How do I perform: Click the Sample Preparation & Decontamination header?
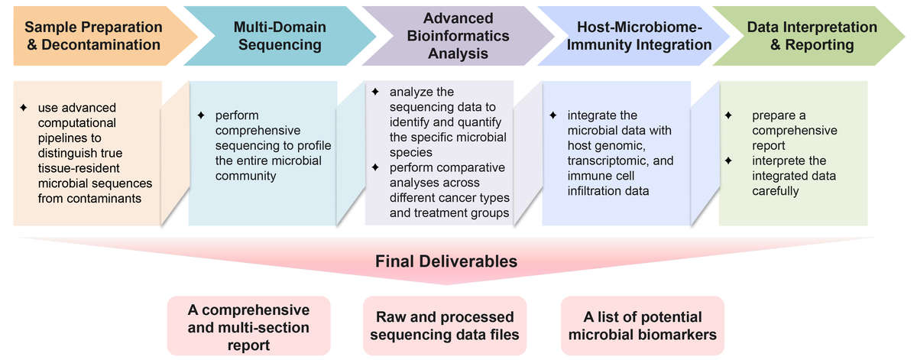93,36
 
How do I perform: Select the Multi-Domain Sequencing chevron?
280,36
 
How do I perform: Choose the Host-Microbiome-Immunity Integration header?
635,36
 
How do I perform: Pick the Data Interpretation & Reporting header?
801,36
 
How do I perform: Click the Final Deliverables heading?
446,261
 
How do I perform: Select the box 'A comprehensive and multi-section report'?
248,326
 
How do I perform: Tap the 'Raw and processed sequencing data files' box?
445,326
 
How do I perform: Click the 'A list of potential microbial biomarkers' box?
642,326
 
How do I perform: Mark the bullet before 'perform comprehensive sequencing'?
202,115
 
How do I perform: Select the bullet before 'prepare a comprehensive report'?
729,115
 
